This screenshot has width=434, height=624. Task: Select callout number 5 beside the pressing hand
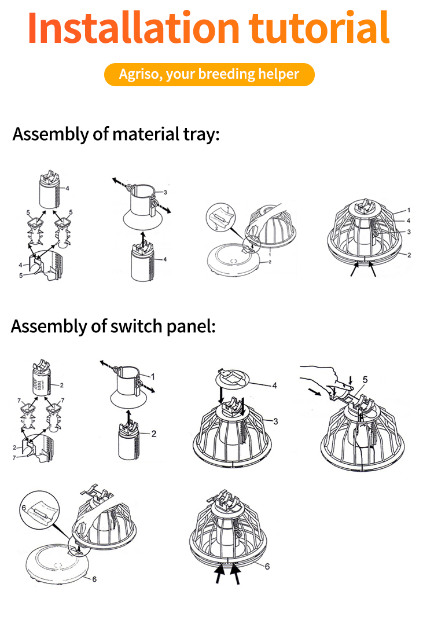(365, 380)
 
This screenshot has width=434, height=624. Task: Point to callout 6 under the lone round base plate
(94, 579)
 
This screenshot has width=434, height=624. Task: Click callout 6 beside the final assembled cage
(267, 566)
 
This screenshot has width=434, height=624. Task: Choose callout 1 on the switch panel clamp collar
(153, 376)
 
